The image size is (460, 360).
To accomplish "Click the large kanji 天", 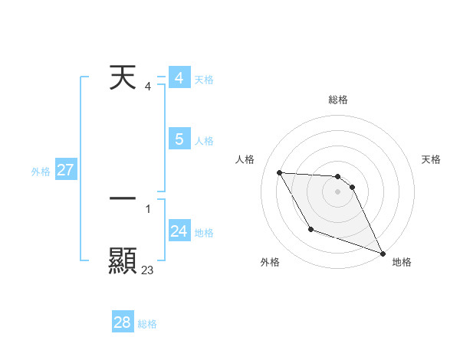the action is pyautogui.click(x=123, y=78).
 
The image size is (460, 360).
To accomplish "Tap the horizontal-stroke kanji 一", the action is pyautogui.click(x=123, y=198).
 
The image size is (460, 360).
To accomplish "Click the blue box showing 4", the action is pyautogui.click(x=179, y=78).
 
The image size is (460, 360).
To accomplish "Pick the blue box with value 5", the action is pyautogui.click(x=179, y=139).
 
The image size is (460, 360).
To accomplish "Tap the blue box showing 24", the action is pyautogui.click(x=179, y=231).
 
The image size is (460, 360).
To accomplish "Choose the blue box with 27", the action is pyautogui.click(x=65, y=170).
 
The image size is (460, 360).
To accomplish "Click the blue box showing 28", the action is pyautogui.click(x=122, y=322).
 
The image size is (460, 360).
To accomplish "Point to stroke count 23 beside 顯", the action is pyautogui.click(x=147, y=270).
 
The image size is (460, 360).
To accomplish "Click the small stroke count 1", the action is pyautogui.click(x=148, y=208).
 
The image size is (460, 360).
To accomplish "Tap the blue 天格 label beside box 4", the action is pyautogui.click(x=204, y=80).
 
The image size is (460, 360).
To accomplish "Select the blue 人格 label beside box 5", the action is pyautogui.click(x=204, y=141).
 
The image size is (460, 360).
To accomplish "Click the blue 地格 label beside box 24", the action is pyautogui.click(x=204, y=233).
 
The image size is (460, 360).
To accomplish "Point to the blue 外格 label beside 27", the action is pyautogui.click(x=41, y=172).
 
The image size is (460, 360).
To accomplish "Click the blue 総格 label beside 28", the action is pyautogui.click(x=147, y=324).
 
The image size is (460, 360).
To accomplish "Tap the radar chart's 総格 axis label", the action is pyautogui.click(x=338, y=100).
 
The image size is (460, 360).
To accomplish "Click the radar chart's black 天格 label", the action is pyautogui.click(x=432, y=159).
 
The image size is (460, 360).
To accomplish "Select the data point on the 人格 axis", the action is pyautogui.click(x=279, y=172).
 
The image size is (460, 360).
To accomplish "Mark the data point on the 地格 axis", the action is pyautogui.click(x=383, y=253).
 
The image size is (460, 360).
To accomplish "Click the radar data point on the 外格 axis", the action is pyautogui.click(x=310, y=229).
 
